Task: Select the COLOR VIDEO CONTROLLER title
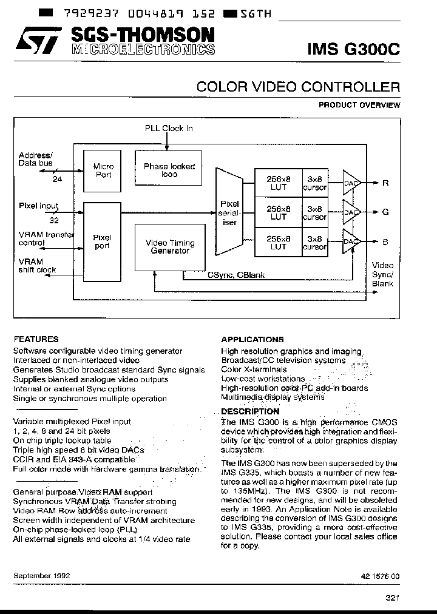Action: tap(298, 87)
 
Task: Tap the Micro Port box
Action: tap(103, 170)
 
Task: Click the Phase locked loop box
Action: tap(169, 170)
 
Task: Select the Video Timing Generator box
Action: tap(170, 246)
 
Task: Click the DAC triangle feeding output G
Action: tap(352, 212)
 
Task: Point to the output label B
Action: tap(385, 241)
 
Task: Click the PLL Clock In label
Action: tap(169, 128)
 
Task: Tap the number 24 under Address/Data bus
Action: tap(58, 179)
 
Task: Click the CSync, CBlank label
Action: tap(236, 275)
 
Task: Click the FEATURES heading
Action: tap(36, 339)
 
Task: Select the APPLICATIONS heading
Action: tap(252, 340)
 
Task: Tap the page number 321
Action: tap(392, 598)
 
